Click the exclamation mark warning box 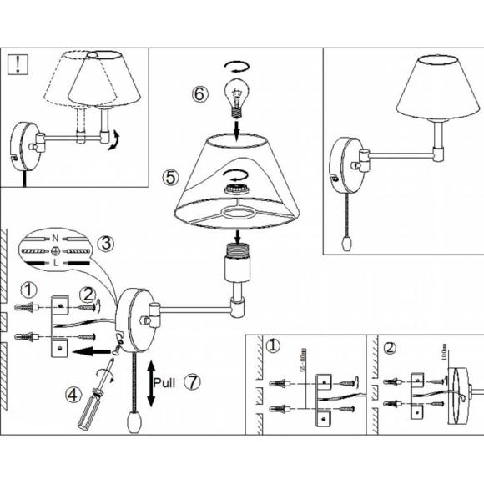tap(16, 63)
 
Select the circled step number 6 tap(199, 94)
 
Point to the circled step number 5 tap(171, 177)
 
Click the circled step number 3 tap(105, 245)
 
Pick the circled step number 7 tap(193, 382)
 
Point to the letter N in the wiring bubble tap(55, 239)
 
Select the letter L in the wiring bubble tap(55, 263)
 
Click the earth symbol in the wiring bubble tap(55, 250)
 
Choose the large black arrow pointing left tap(87, 351)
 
